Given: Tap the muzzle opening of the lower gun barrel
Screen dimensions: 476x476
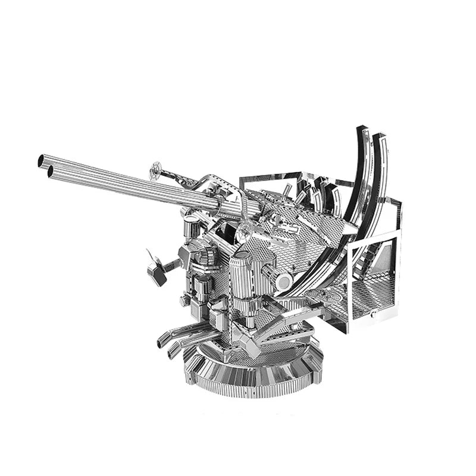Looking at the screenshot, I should [50, 171].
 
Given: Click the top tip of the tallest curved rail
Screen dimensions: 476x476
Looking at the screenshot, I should [359, 129].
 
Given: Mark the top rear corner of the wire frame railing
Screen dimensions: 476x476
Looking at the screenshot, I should [397, 202].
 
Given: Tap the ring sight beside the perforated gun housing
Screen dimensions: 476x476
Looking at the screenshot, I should [246, 226].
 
